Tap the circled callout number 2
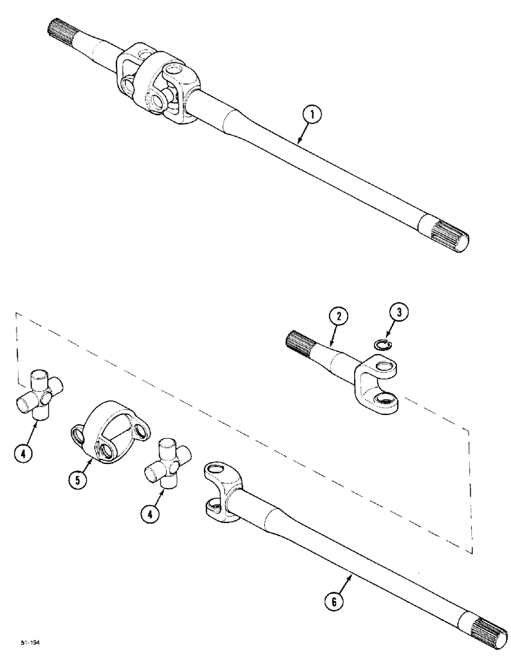339,318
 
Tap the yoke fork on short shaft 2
381,385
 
